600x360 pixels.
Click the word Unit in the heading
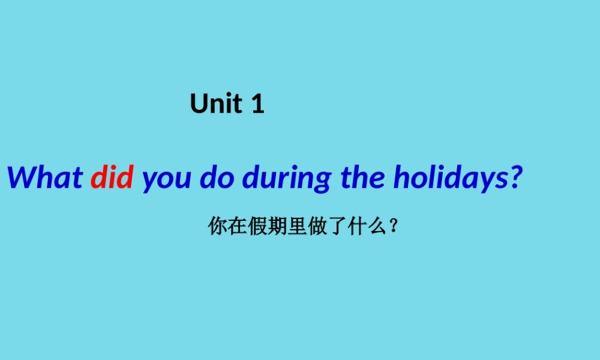[x=217, y=104]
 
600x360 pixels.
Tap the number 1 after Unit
[x=257, y=104]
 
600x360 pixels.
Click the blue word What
[x=44, y=177]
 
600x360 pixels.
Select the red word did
[x=112, y=177]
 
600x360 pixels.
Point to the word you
[x=164, y=179]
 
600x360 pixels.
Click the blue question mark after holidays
[x=509, y=177]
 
